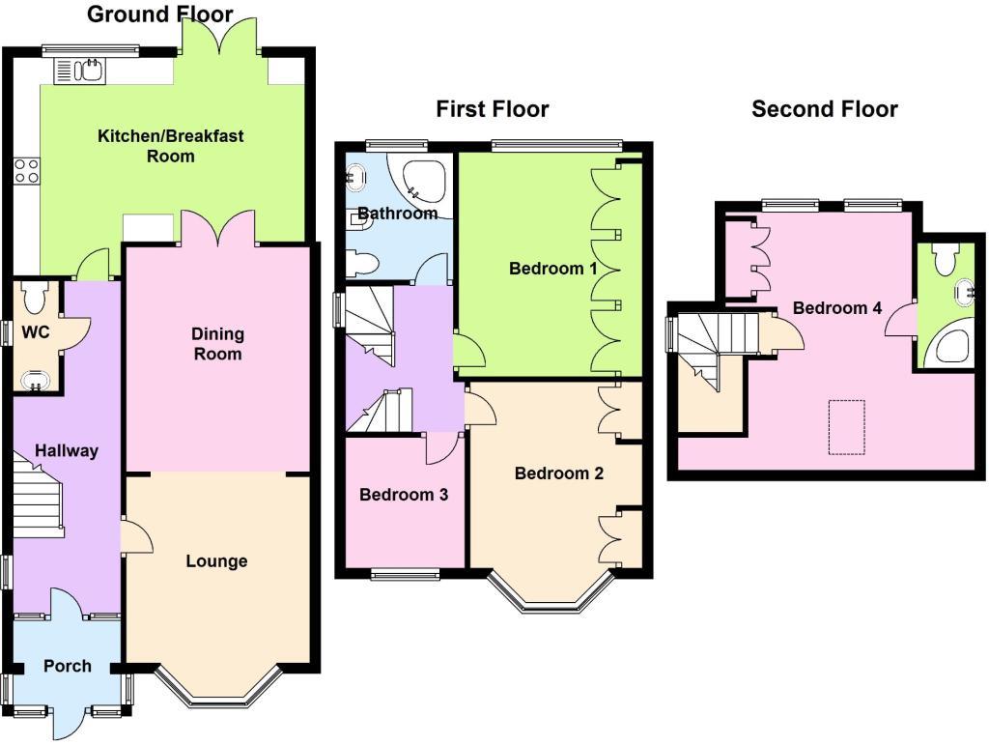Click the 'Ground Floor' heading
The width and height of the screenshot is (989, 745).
click(159, 14)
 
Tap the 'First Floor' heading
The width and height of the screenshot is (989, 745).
click(492, 109)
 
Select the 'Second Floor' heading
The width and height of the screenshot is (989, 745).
click(824, 109)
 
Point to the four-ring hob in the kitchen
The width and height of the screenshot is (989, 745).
click(26, 172)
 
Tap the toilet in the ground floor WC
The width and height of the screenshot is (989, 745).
click(36, 299)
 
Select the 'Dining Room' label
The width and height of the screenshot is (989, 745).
click(217, 344)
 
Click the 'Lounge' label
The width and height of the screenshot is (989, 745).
click(216, 561)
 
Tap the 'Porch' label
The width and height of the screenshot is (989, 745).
click(68, 666)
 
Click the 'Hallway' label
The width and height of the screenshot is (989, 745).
click(67, 450)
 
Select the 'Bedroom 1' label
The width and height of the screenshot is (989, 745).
click(552, 269)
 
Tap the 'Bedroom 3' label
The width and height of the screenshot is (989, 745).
click(403, 495)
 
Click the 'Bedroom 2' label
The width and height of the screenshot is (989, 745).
click(558, 473)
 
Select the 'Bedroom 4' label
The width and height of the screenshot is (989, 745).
click(836, 308)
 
